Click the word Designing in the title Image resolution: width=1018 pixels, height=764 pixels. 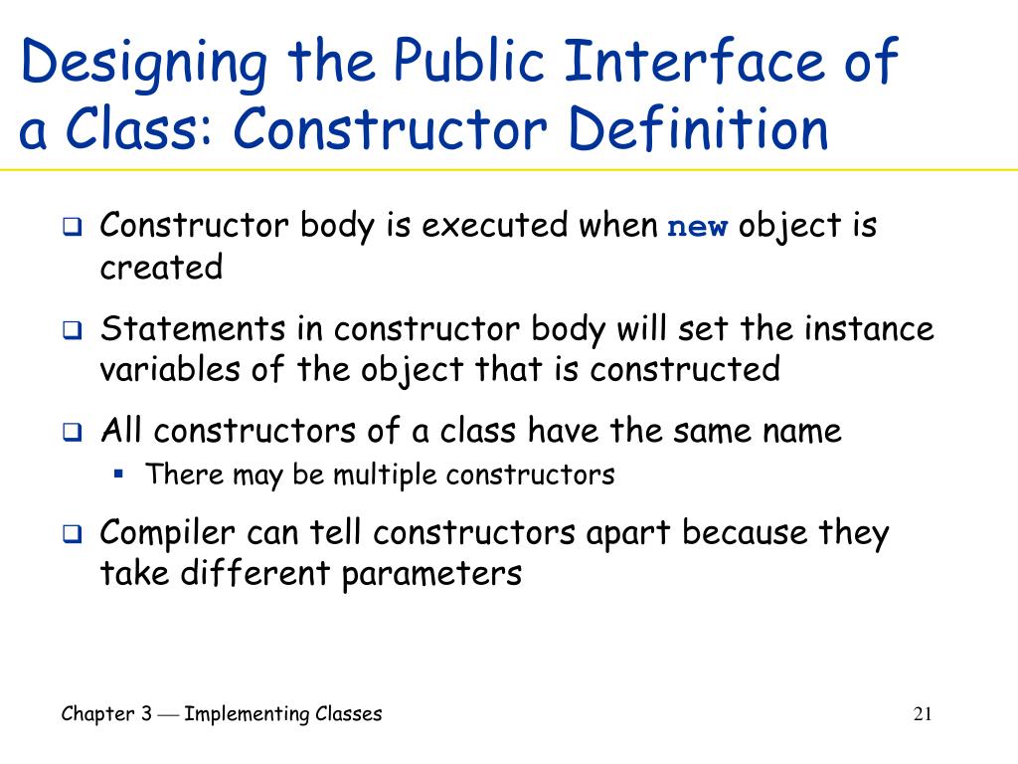pos(144,64)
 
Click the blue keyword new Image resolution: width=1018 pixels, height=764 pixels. pos(697,226)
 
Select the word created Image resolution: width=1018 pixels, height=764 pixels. pos(161,268)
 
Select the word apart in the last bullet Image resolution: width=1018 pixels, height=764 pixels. pos(627,534)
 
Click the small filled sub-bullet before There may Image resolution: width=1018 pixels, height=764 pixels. pos(117,474)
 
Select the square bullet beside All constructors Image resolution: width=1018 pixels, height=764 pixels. pos(72,433)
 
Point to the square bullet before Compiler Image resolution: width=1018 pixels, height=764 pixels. pos(72,535)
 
